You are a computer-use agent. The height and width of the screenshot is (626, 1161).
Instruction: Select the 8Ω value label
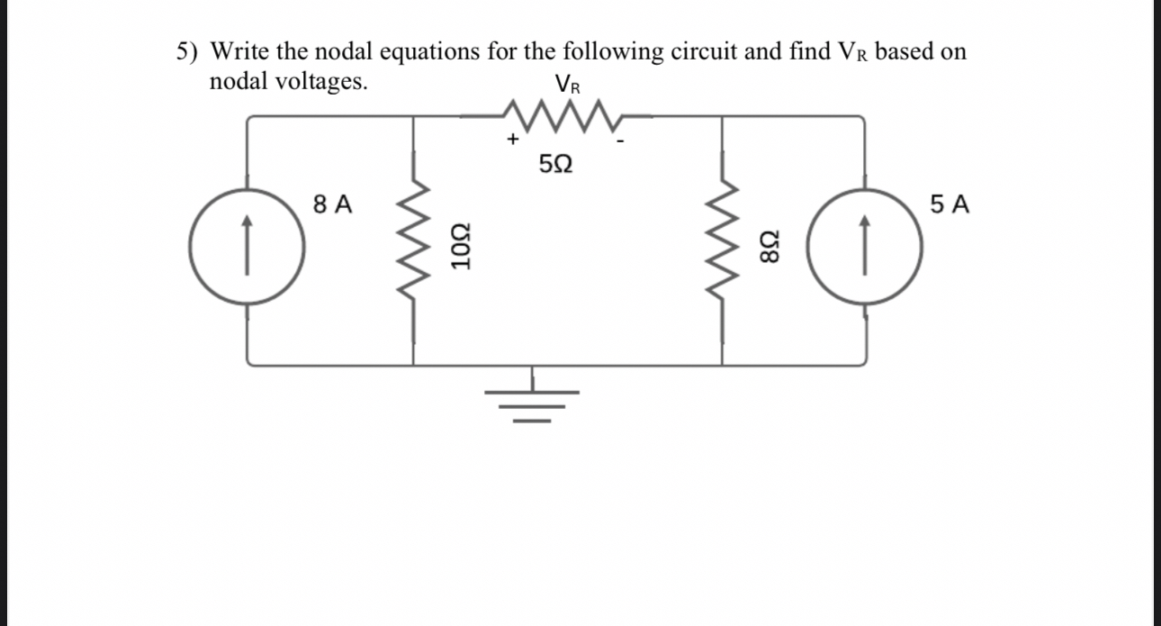point(770,246)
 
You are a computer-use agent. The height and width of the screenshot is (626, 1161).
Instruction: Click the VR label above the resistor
point(568,86)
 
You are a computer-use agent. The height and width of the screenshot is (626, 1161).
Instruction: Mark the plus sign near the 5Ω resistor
point(512,140)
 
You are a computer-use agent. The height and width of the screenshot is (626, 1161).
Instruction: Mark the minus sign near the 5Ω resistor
point(620,141)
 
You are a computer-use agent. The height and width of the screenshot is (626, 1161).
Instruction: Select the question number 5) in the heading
point(186,51)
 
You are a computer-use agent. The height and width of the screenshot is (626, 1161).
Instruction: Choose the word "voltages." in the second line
point(320,82)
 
